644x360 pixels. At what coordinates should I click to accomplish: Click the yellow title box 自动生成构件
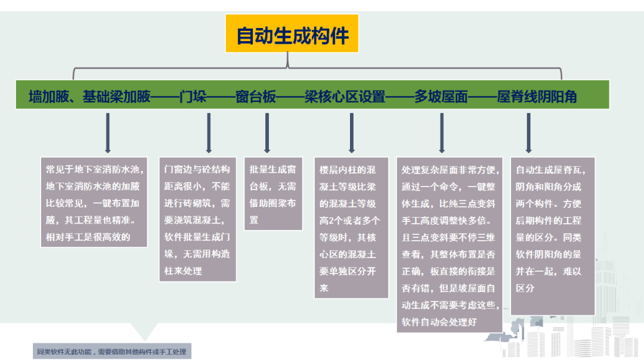click(x=292, y=33)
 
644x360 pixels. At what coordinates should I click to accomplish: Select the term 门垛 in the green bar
click(x=193, y=97)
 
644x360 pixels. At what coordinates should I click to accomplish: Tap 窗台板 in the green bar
click(x=255, y=97)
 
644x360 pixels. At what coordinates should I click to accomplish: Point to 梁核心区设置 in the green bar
click(x=345, y=97)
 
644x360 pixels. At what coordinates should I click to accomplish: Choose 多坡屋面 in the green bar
click(x=441, y=97)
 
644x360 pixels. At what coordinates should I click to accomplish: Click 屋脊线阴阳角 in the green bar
click(x=537, y=97)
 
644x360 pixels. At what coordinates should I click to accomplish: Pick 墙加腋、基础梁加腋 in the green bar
click(x=89, y=97)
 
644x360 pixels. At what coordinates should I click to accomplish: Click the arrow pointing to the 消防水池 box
click(x=107, y=133)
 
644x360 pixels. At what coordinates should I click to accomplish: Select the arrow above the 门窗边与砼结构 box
click(x=209, y=133)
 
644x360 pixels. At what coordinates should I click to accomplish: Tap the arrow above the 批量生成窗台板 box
click(x=267, y=133)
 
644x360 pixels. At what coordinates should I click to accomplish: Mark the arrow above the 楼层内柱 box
click(x=352, y=133)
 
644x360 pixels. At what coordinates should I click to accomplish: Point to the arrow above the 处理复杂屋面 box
click(x=441, y=133)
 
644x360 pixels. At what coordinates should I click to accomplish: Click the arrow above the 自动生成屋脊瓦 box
click(x=528, y=133)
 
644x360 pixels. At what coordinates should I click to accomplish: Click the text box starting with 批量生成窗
click(x=273, y=194)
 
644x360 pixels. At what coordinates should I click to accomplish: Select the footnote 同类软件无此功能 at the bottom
click(x=112, y=352)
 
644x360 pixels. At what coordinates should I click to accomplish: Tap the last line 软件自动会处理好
click(x=439, y=322)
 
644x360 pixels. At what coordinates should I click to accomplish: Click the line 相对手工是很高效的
click(x=88, y=237)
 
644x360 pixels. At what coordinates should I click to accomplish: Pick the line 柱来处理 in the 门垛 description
click(x=183, y=271)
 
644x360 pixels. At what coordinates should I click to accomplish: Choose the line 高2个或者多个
click(x=349, y=221)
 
